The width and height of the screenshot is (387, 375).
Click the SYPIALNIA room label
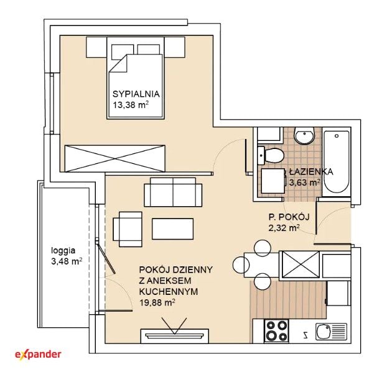(x=136, y=94)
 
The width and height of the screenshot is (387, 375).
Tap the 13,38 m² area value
(x=131, y=105)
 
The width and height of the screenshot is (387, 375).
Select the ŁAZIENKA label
(x=311, y=171)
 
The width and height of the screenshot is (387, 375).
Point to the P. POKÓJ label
(x=289, y=217)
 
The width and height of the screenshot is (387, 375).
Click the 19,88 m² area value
(x=157, y=302)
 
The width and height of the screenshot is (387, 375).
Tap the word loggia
(x=63, y=251)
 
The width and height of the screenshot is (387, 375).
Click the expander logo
(x=38, y=355)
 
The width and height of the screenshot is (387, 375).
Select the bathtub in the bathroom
(x=336, y=162)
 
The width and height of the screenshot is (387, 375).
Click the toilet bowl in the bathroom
(x=271, y=155)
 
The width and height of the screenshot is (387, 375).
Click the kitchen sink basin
(x=324, y=332)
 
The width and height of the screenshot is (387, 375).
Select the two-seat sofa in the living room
(x=173, y=192)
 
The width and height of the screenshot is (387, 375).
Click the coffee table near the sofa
(x=172, y=228)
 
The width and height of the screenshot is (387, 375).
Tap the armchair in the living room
(x=128, y=229)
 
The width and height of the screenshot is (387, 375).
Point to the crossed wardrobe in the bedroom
(x=114, y=158)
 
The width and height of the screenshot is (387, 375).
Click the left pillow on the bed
(x=123, y=52)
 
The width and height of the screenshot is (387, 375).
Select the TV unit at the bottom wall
(x=175, y=336)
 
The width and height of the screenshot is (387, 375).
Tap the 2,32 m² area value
(x=284, y=228)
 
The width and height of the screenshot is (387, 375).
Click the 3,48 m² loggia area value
(x=67, y=261)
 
